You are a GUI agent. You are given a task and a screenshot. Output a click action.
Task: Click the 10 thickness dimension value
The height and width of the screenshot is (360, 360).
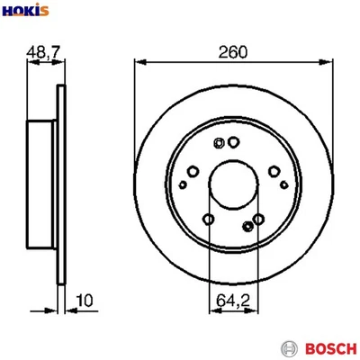tap(83, 300)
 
